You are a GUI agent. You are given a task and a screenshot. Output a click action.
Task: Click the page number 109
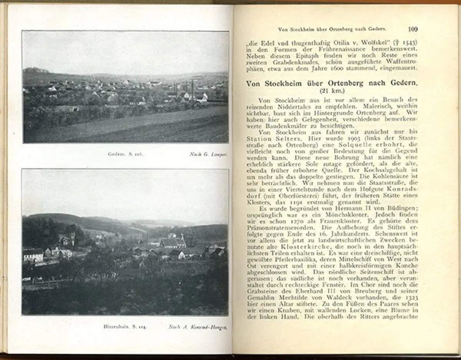click(413, 29)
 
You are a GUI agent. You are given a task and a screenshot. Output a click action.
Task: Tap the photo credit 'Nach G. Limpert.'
click(209, 154)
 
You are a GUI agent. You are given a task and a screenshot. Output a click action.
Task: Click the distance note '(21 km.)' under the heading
click(332, 91)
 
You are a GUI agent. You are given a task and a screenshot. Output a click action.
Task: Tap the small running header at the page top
click(332, 29)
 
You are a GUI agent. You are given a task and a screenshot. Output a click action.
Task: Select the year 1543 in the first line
click(406, 41)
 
